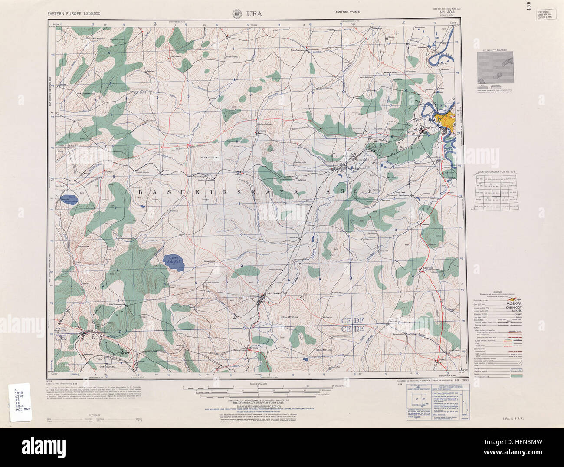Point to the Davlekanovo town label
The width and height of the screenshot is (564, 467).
click(274, 294)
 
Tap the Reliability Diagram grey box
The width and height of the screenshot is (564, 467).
click(495, 68)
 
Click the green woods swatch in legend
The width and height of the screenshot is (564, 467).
click(518, 376)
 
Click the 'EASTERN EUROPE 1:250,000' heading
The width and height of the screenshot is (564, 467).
click(75, 14)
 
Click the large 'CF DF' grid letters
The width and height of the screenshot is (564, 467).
click(352, 320)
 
